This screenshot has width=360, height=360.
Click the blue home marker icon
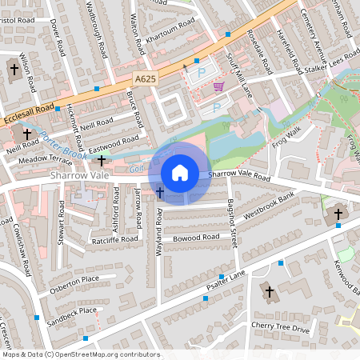point(180,173)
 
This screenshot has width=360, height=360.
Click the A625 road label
point(145,79)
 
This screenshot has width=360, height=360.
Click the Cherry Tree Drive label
point(279,326)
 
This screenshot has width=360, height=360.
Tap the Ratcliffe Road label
point(116,238)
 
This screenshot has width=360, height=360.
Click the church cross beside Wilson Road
point(14,70)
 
